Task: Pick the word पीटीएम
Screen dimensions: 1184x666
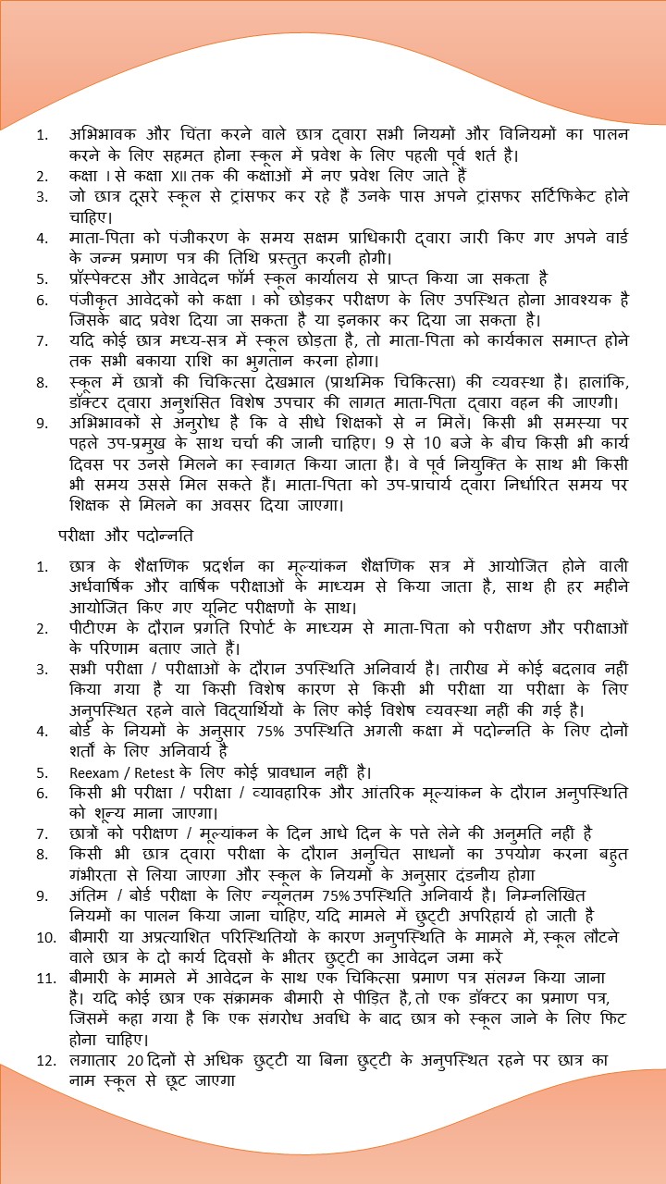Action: (93, 627)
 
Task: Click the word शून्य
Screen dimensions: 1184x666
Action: (106, 813)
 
